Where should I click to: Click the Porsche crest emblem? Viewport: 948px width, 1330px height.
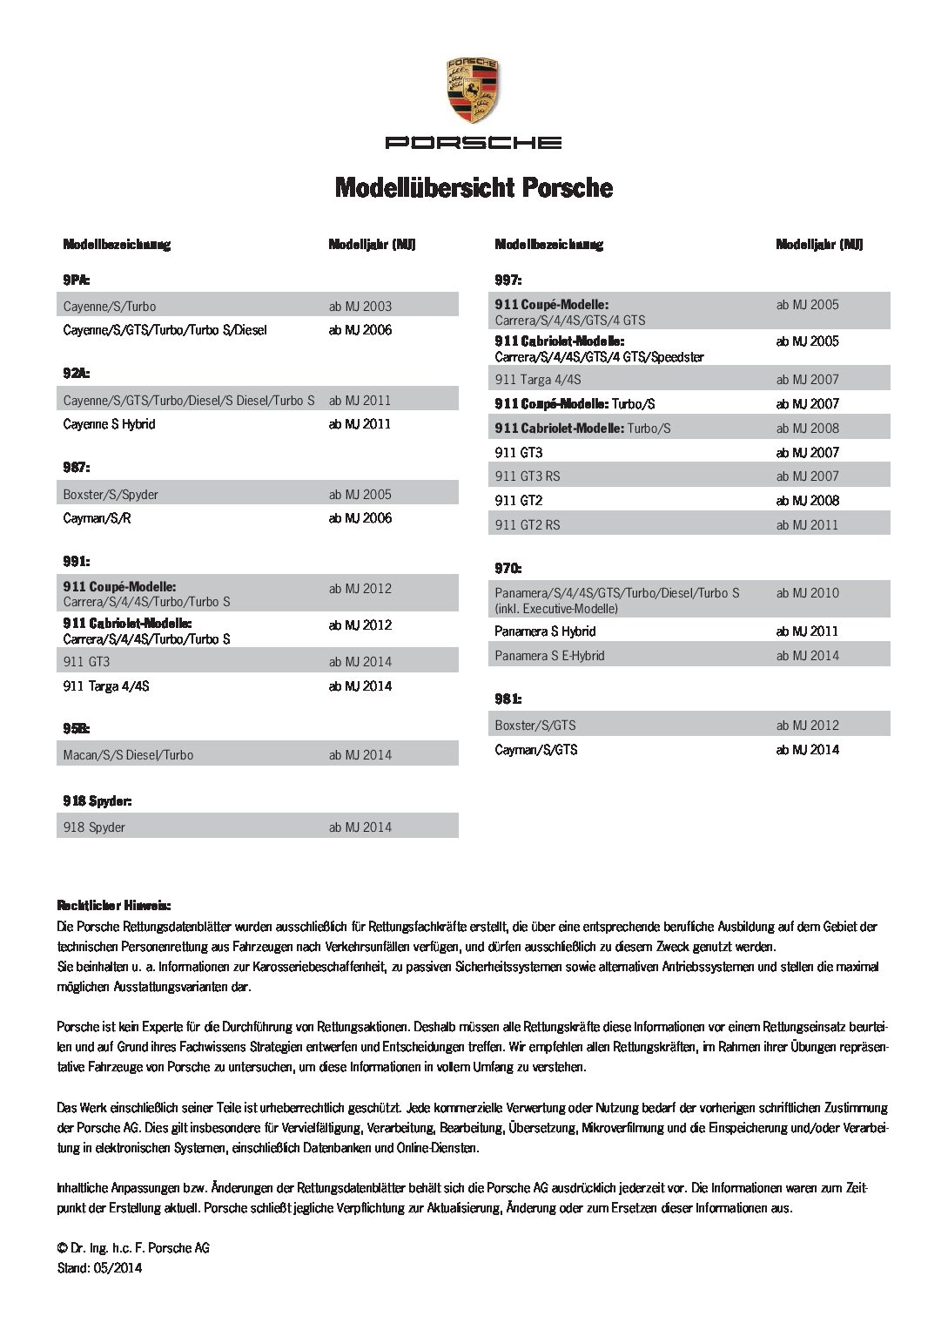click(x=473, y=91)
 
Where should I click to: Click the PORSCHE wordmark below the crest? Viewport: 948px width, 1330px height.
click(x=474, y=143)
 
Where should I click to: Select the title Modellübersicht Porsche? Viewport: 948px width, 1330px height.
click(x=474, y=187)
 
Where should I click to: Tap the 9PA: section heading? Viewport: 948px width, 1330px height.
click(x=77, y=280)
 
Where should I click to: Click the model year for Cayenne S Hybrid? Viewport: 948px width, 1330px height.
click(x=360, y=424)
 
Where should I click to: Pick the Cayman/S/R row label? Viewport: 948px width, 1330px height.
click(x=97, y=518)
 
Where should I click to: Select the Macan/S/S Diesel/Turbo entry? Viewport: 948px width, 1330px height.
click(x=128, y=755)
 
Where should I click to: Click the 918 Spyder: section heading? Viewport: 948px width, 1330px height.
click(x=97, y=800)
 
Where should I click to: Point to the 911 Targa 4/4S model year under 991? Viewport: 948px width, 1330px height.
click(x=360, y=686)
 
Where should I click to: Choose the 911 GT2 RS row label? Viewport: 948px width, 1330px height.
click(x=528, y=524)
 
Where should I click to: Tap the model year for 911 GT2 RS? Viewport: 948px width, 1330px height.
click(x=807, y=524)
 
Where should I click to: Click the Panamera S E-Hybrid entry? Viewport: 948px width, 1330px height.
click(x=549, y=656)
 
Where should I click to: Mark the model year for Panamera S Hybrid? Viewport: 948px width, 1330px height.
click(x=807, y=631)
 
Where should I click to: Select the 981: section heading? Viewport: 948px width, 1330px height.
click(x=508, y=699)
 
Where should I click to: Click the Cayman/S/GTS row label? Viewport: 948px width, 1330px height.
click(x=535, y=750)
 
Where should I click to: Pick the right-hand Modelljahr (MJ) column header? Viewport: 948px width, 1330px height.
click(x=819, y=245)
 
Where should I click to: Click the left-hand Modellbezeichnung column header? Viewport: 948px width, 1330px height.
click(x=117, y=245)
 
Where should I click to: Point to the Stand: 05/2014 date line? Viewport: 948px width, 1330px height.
click(x=99, y=1268)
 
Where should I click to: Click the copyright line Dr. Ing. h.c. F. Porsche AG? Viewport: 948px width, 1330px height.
click(x=133, y=1248)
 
